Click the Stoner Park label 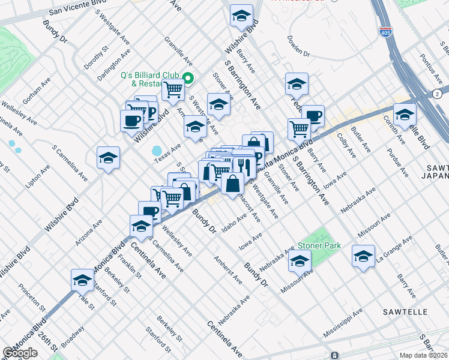click(318, 245)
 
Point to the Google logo click(20, 353)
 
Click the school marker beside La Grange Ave click(363, 256)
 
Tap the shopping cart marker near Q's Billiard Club click(173, 90)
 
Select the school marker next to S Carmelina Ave click(108, 158)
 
